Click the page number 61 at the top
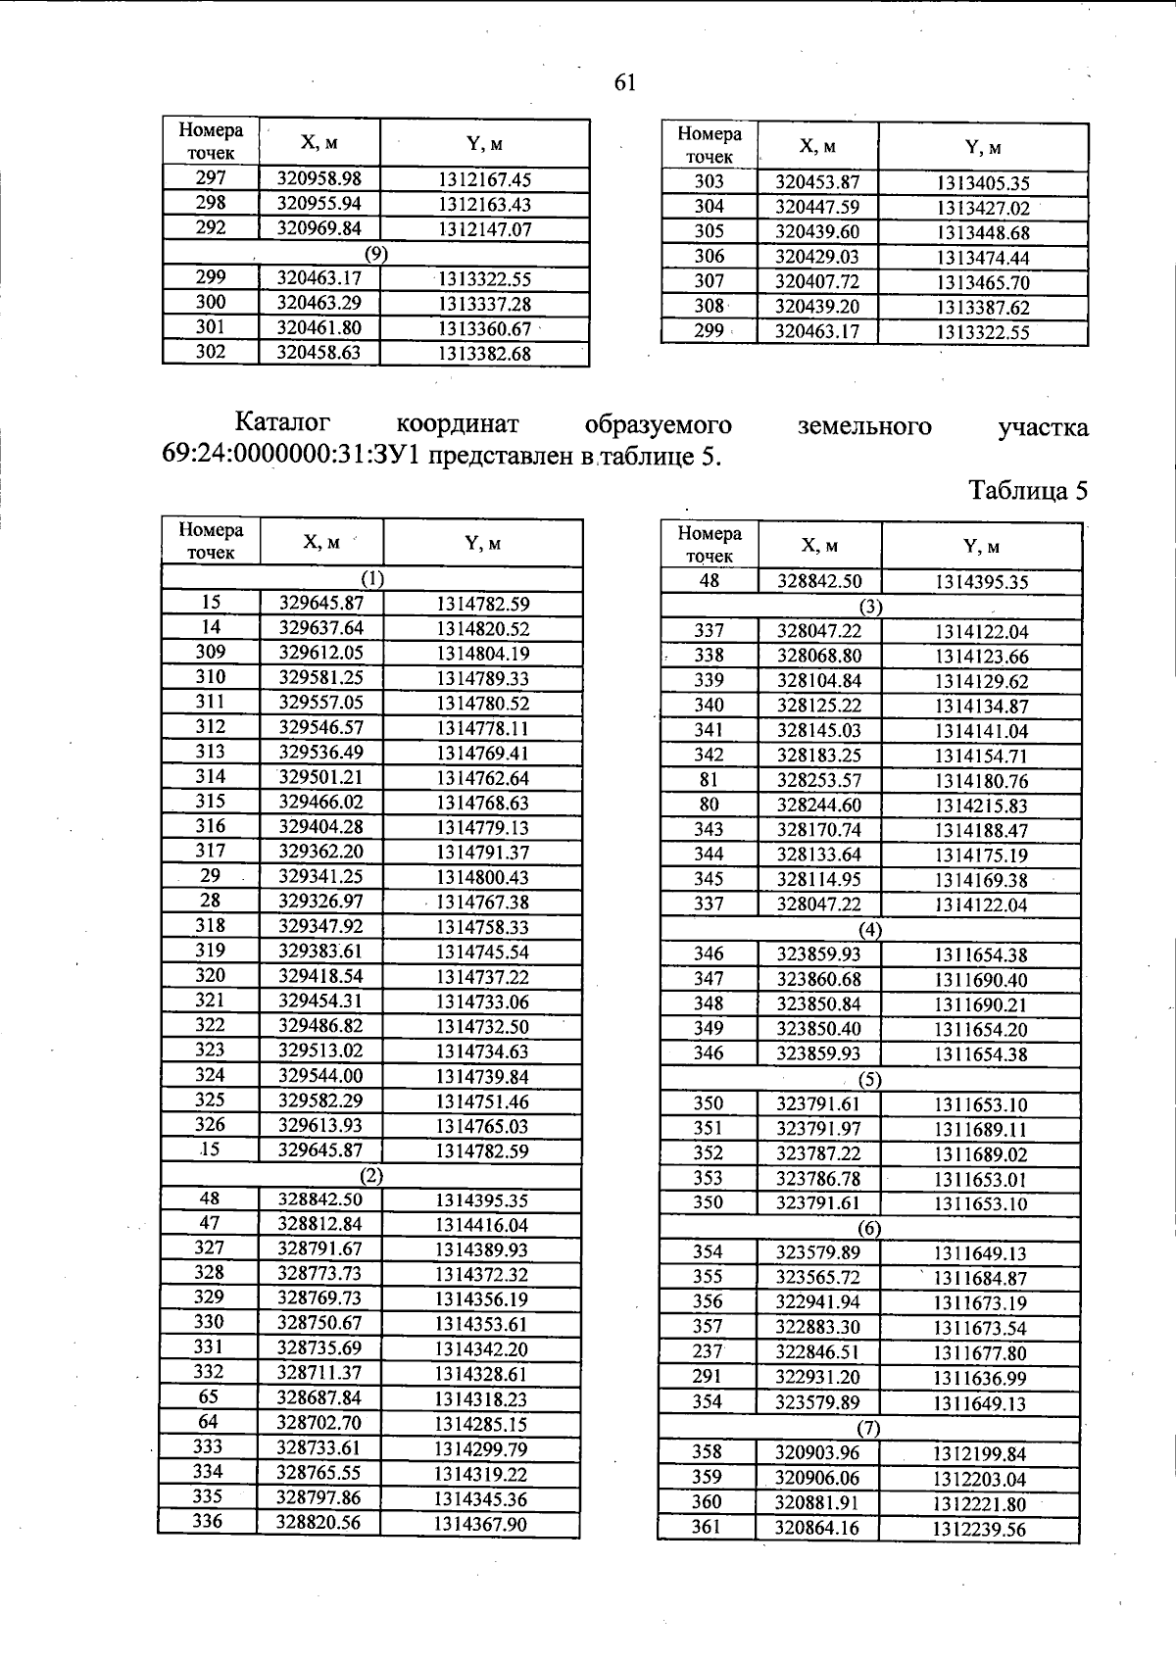625,83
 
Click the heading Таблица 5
1027,490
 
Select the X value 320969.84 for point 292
319,228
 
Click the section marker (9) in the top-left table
376,254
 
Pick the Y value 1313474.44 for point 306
982,258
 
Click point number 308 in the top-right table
709,306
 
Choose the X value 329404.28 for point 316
321,827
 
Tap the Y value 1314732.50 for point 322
482,1026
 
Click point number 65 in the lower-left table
209,1397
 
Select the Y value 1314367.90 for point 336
480,1524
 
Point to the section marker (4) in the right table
870,929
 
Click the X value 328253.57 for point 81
819,780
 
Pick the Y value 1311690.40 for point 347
980,979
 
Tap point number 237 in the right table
708,1352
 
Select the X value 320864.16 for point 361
817,1528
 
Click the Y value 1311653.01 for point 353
980,1179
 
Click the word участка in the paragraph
1042,427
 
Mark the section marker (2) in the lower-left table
370,1175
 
